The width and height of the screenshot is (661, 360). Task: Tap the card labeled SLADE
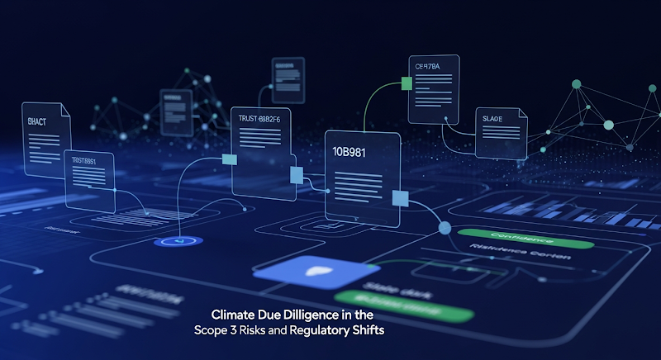(501, 132)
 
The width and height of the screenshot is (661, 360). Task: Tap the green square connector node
(407, 83)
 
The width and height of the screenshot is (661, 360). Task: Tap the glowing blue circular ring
(173, 242)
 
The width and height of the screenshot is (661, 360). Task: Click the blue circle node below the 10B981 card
(444, 228)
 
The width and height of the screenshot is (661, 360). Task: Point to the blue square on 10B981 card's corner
(401, 198)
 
